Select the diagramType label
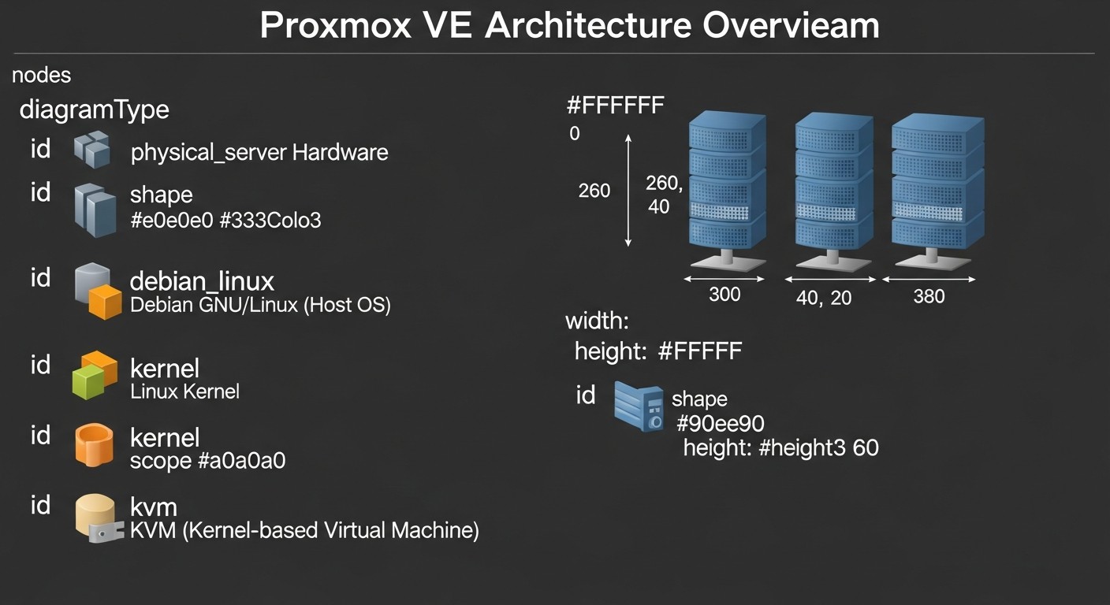(x=94, y=109)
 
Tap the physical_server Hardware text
(x=259, y=152)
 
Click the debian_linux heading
(x=202, y=280)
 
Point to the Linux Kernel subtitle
(x=184, y=391)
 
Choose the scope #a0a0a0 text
(x=207, y=460)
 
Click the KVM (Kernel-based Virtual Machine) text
(x=304, y=530)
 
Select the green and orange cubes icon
(x=95, y=375)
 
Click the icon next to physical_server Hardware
(x=91, y=150)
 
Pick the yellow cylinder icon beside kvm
(x=98, y=518)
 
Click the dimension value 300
(x=724, y=295)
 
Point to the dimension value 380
(x=929, y=297)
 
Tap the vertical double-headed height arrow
(x=628, y=190)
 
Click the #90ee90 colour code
(x=720, y=424)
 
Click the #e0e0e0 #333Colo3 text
(x=225, y=220)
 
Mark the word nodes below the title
(x=42, y=76)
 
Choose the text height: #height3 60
(x=780, y=448)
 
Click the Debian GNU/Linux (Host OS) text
(x=260, y=305)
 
